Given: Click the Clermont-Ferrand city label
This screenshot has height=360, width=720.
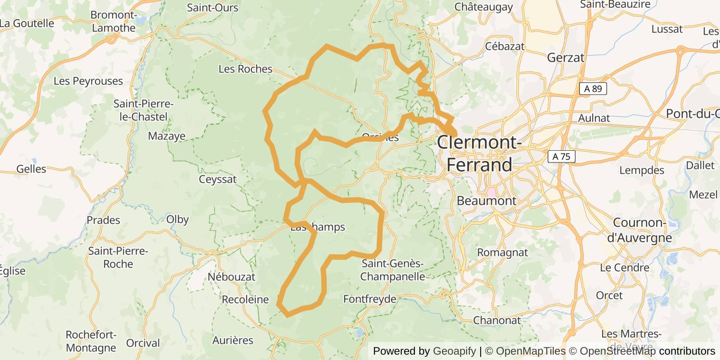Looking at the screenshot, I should click(x=479, y=153).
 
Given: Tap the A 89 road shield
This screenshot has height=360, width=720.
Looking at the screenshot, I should click(x=593, y=89).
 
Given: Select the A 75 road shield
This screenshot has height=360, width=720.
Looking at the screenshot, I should click(x=561, y=157).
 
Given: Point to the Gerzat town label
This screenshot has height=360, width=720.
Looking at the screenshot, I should click(x=566, y=58).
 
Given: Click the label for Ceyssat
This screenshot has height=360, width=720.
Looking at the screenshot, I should click(x=217, y=179).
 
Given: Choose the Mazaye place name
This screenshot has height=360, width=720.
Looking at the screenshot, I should click(x=166, y=136).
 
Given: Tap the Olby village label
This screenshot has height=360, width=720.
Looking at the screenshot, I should click(x=177, y=220).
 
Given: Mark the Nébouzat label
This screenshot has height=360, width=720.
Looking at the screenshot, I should click(x=231, y=277).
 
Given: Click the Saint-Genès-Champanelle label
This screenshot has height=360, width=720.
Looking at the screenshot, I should click(x=392, y=270).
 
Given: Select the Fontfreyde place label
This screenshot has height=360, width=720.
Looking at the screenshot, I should click(x=370, y=299).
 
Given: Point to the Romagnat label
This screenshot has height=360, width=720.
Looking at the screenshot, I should click(x=502, y=252).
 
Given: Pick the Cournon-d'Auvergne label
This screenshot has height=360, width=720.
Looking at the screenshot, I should click(x=639, y=230).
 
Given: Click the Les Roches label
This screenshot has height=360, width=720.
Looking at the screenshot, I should click(x=245, y=69).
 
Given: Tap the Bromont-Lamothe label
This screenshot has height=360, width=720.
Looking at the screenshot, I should click(x=113, y=21).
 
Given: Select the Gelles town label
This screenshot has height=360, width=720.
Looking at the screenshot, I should click(x=31, y=169).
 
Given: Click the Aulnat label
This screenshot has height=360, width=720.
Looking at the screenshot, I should click(x=594, y=118).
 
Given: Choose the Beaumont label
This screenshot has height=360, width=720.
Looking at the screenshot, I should click(x=486, y=201).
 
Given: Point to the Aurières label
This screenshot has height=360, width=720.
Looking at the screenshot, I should click(x=233, y=340).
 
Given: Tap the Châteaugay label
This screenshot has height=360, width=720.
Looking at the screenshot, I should click(x=483, y=7).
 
